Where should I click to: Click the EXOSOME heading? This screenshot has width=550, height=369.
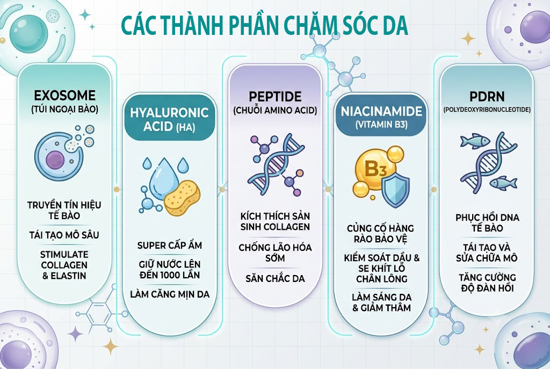pos(64,96)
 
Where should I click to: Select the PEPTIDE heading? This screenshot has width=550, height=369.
pos(275,97)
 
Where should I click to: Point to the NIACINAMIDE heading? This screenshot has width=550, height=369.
pos(381,112)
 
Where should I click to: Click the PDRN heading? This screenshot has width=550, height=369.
pos(487,97)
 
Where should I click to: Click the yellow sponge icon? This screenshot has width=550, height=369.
pos(183,198)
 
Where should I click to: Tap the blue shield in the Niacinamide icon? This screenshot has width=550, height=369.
pos(395,190)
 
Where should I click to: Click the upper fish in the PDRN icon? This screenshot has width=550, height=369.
pos(474,140)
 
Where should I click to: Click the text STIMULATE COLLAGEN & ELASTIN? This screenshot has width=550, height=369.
pos(64,265)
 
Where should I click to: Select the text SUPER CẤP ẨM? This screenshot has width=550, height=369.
pos(170,245)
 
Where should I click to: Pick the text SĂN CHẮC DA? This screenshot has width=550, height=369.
pos(275,279)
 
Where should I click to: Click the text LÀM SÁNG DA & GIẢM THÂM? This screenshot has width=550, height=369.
pos(381,302)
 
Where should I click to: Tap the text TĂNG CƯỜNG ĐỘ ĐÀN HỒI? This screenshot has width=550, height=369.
pos(487,283)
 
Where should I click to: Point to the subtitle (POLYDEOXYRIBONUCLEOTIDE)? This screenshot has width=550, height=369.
pos(487,110)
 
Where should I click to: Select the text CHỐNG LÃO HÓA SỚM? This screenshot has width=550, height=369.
pos(275,252)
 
